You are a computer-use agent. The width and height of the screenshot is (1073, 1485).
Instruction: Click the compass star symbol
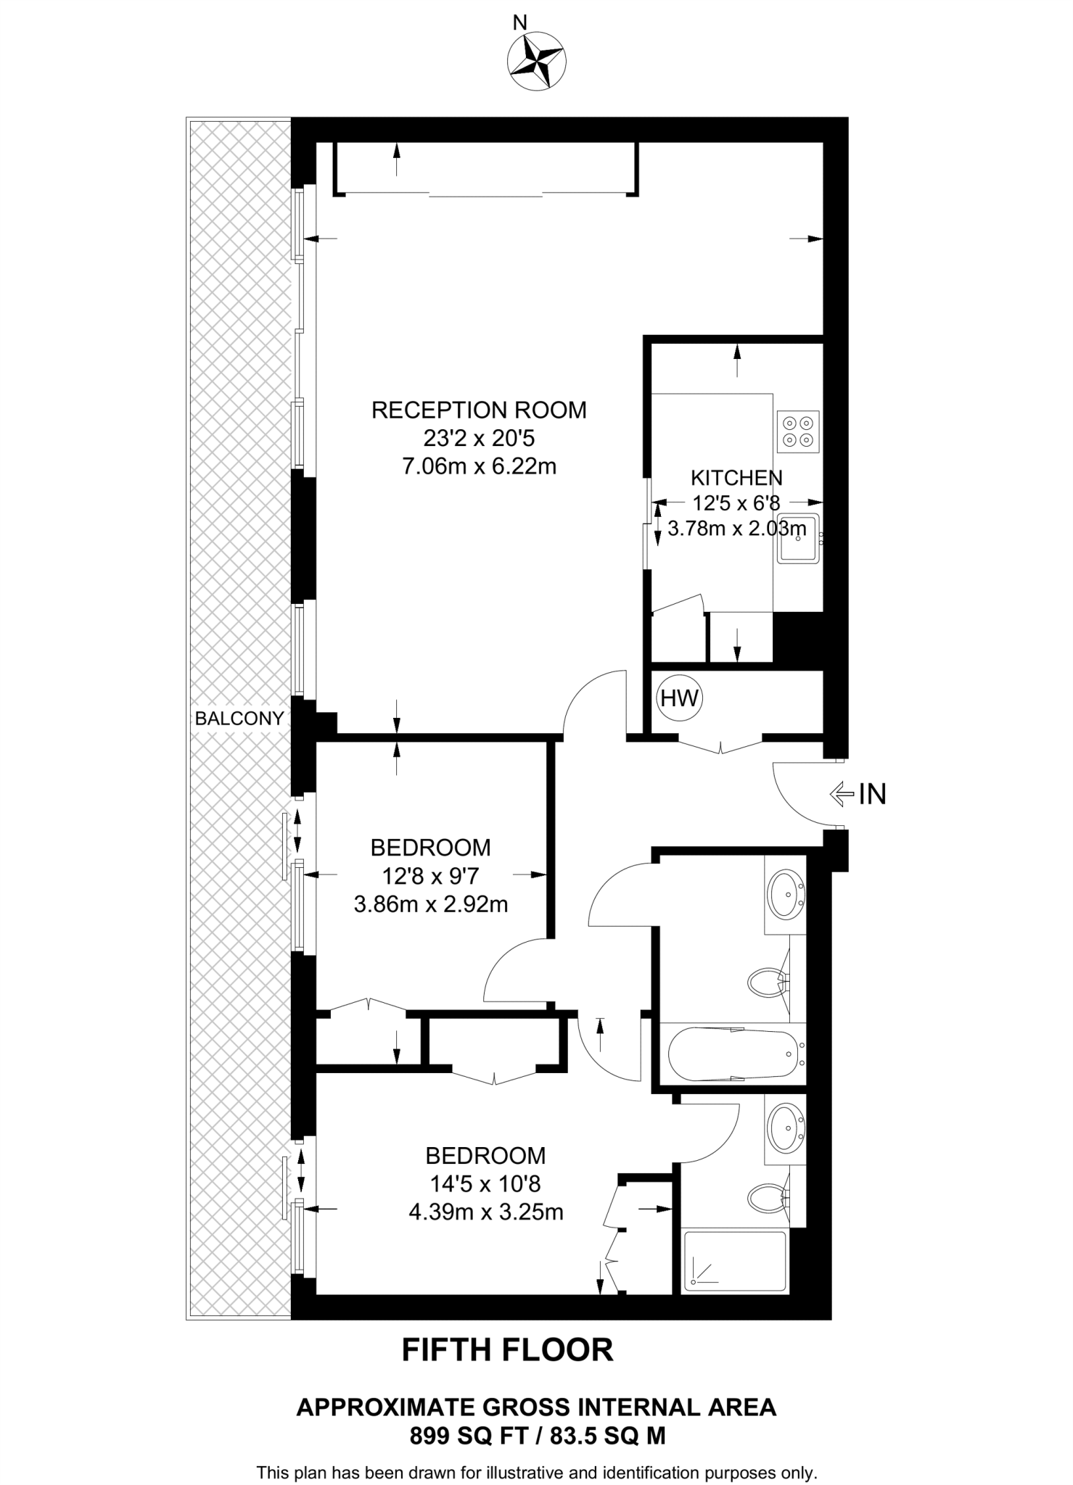coord(537,62)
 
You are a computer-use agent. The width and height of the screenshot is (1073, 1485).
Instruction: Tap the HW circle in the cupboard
coord(680,698)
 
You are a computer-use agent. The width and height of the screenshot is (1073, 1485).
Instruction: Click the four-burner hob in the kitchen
coord(798,432)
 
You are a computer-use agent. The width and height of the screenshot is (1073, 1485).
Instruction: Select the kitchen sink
coord(799,538)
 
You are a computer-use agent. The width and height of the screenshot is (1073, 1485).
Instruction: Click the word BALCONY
coord(239,718)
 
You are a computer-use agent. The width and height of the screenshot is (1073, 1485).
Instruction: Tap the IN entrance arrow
coord(842,795)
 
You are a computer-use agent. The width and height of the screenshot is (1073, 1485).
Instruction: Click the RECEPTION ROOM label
coord(479,410)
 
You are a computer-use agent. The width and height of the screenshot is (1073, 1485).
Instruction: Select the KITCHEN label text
coord(736,478)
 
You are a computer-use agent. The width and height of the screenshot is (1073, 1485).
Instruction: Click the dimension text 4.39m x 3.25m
coord(485,1212)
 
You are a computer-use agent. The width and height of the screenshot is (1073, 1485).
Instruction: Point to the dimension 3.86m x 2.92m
coord(430,904)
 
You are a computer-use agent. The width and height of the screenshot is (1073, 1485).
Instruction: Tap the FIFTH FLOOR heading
coord(507,1350)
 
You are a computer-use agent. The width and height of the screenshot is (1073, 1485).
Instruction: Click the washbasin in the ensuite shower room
coord(785,1129)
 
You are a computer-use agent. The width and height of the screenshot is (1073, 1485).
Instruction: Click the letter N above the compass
coord(519,23)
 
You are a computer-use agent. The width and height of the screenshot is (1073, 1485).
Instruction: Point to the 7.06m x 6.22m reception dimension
coord(479,466)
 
